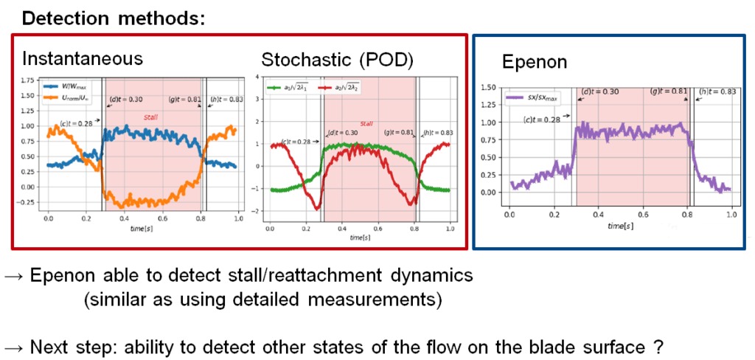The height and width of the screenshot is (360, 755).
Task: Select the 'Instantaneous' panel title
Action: (82, 58)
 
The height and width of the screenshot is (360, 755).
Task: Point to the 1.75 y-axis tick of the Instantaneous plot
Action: (27, 79)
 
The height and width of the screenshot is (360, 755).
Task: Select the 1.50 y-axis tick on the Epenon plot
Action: (488, 88)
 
